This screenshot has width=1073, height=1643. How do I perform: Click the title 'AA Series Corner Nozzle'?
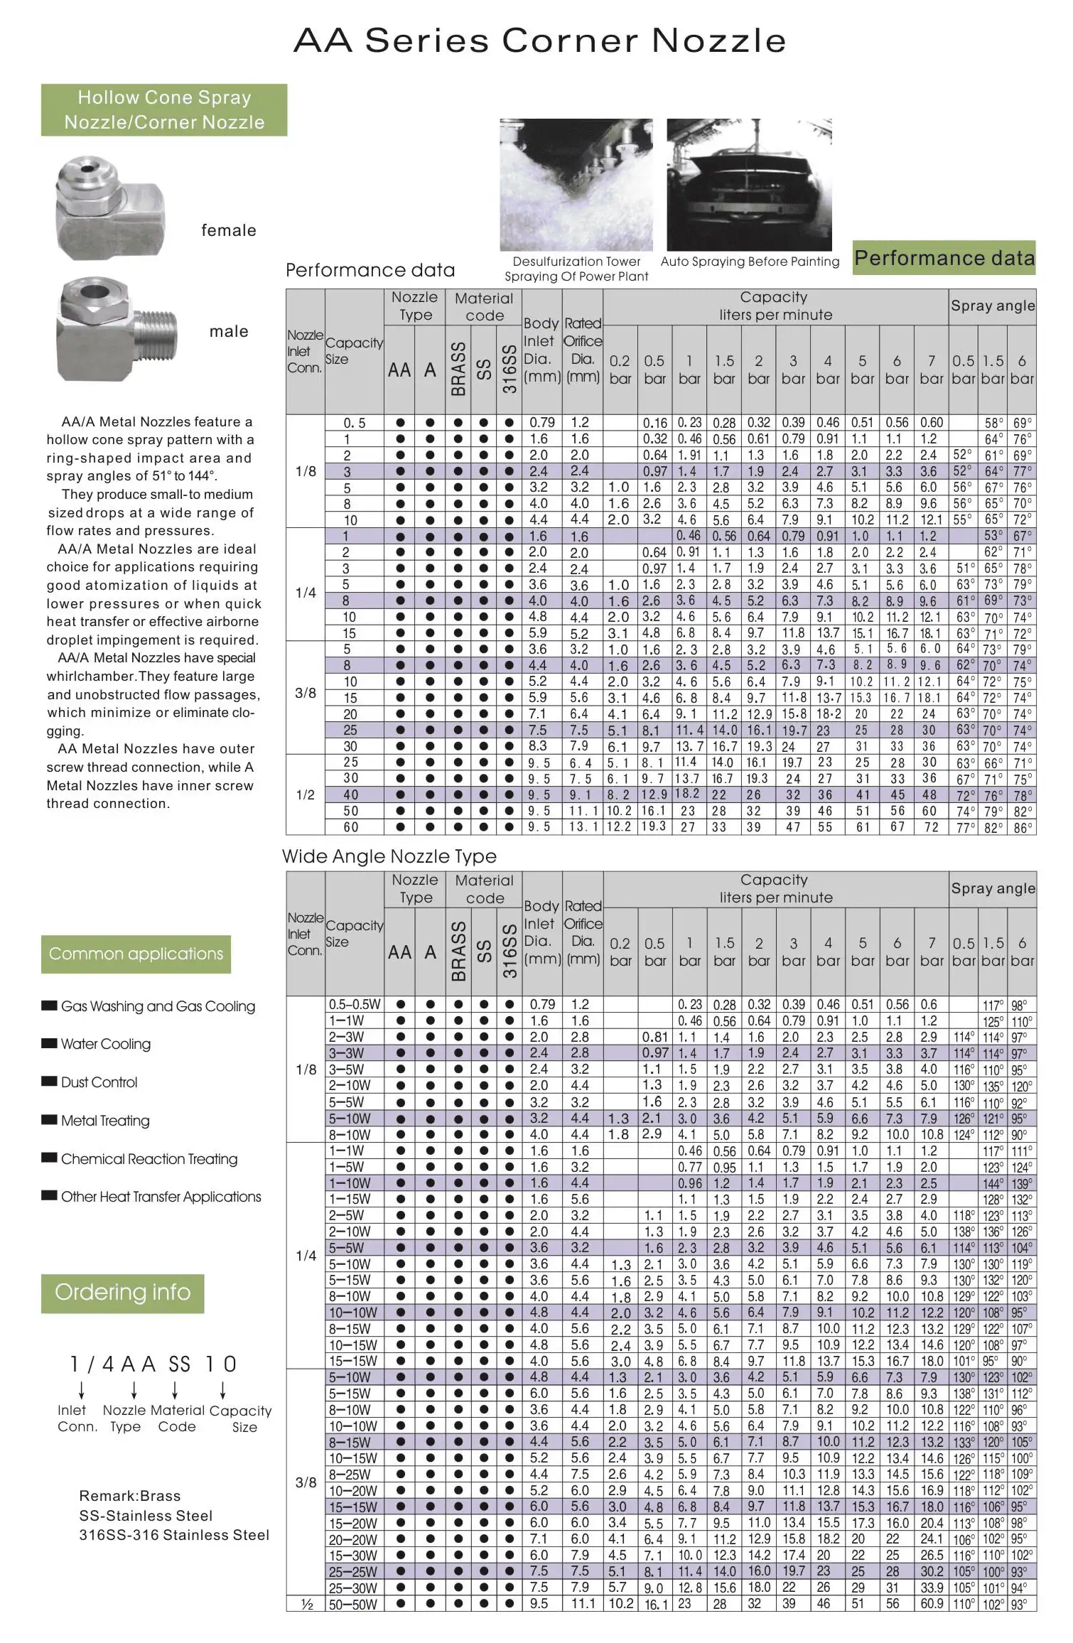pos(539,41)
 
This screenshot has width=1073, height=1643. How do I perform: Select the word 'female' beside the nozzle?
pos(228,230)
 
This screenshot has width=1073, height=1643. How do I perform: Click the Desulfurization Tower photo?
pos(576,184)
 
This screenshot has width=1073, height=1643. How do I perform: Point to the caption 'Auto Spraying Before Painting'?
pos(750,262)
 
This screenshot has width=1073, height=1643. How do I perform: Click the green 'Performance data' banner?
pos(944,258)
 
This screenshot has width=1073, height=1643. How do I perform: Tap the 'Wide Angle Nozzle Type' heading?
pos(389,856)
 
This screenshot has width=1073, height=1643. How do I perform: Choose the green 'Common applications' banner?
pos(136,954)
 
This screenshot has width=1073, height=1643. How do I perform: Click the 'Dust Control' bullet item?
pos(99,1082)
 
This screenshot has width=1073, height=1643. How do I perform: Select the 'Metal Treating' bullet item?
pos(105,1121)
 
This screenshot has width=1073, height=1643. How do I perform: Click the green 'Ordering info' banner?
pos(122,1292)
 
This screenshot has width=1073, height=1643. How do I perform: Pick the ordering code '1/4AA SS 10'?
pos(153,1364)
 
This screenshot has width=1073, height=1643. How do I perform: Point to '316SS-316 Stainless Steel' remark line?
pos(174,1535)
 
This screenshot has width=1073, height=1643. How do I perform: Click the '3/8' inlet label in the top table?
pos(306,693)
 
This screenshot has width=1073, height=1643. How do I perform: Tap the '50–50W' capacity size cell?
pos(353,1604)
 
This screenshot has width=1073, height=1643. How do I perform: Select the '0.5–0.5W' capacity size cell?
pos(354,1005)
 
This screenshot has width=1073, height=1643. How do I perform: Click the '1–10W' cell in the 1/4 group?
pos(350,1183)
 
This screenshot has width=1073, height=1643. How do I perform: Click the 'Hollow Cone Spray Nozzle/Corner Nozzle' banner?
pos(164,110)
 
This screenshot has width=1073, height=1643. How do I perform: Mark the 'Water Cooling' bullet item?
pos(105,1044)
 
